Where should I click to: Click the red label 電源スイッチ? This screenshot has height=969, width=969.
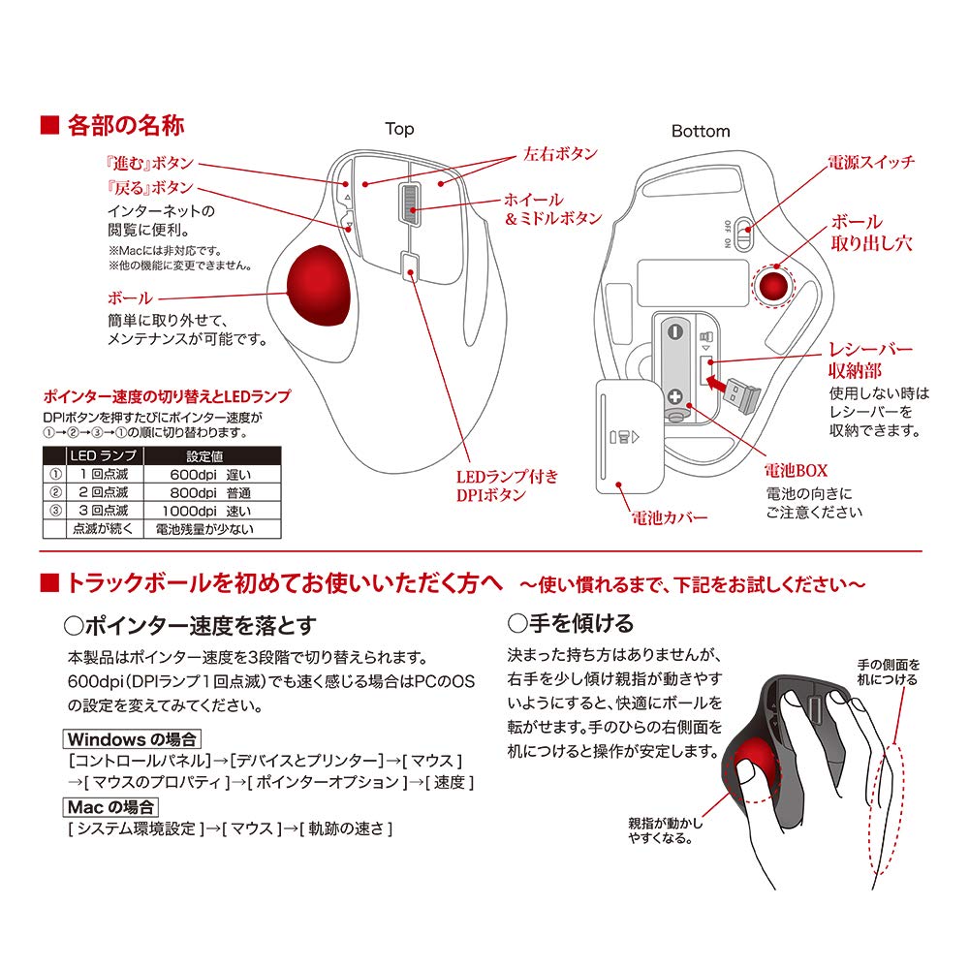[x=869, y=162]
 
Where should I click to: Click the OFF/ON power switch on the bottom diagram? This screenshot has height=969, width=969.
[x=741, y=233]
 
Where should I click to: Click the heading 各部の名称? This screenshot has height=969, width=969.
[x=125, y=126]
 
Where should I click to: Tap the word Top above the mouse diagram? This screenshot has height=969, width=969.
[x=399, y=129]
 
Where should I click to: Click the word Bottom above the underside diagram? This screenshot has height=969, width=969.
[x=701, y=131]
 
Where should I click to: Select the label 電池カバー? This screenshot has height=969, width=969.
[x=668, y=517]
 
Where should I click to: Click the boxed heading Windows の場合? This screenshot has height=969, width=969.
[x=132, y=739]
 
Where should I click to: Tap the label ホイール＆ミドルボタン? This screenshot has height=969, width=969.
[x=552, y=208]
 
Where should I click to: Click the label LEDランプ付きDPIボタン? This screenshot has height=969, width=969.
[x=507, y=485]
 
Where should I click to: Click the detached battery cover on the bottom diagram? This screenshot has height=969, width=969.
[x=628, y=436]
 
